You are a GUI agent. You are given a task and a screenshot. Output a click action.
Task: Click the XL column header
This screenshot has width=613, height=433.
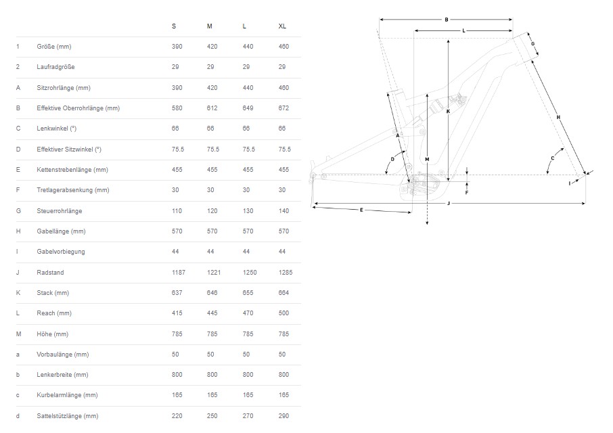pos(282,26)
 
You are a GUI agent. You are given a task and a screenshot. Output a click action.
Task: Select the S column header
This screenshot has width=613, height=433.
pos(174,26)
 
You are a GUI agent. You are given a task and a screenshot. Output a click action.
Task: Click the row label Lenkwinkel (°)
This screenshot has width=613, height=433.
pos(57,129)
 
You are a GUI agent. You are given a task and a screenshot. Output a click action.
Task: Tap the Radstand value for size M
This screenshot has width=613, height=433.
pos(214,273)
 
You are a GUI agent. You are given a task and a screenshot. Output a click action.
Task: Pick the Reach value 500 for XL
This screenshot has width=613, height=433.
pos(283,313)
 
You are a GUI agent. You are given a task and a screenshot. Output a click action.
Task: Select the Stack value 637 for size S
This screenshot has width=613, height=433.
pos(177,293)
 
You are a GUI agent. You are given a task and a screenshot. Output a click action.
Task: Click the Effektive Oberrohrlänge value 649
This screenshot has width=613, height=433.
pos(248,108)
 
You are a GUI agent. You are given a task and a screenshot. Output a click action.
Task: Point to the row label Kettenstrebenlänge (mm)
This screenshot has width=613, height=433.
pos(72,170)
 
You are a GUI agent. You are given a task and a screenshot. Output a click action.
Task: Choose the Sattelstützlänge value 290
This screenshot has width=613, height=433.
pos(283,416)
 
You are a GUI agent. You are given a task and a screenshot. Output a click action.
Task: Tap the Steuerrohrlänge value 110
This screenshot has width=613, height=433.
pos(177,210)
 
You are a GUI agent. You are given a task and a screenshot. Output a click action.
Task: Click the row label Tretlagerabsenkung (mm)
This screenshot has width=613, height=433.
pos(73,190)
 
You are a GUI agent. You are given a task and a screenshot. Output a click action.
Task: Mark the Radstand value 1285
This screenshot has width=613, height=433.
pos(286,273)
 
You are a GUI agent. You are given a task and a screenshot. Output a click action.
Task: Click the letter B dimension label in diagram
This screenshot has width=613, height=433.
pos(447,20)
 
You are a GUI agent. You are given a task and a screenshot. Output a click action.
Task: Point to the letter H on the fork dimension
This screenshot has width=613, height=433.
pos(558,117)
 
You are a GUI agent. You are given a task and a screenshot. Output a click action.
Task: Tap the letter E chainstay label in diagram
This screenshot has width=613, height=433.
pos(361,210)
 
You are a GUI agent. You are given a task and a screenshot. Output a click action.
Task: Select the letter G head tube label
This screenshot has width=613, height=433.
pos(532,44)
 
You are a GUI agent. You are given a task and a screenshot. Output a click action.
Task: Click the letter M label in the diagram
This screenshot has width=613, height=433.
pos(427,159)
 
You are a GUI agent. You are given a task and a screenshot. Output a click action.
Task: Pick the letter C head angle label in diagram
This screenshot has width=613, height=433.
pos(552,158)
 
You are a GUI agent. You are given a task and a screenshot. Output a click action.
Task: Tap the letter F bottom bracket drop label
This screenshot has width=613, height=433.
pos(466,193)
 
